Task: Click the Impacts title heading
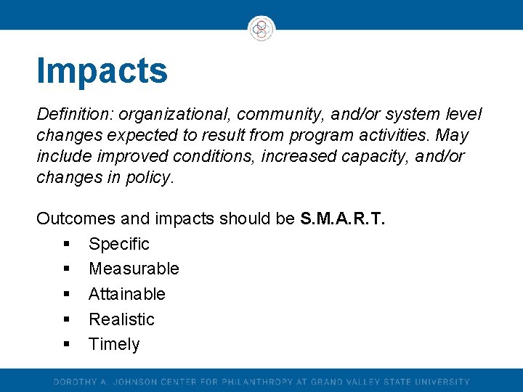(x=102, y=71)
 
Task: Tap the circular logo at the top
(x=261, y=28)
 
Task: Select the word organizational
(x=175, y=115)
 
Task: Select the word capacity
(x=380, y=156)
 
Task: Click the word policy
(x=151, y=177)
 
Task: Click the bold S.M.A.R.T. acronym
(x=342, y=219)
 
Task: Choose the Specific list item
(x=118, y=244)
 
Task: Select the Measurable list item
(x=134, y=269)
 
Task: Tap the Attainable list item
(x=127, y=294)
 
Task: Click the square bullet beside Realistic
(x=66, y=319)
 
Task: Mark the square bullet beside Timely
(x=66, y=345)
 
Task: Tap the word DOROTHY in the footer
(x=74, y=382)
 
